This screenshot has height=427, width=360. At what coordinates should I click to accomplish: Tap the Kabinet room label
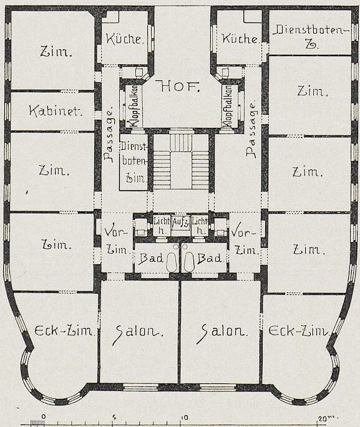(56, 111)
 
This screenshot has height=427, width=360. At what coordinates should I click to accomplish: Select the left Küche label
(124, 40)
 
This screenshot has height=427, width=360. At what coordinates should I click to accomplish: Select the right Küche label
(240, 39)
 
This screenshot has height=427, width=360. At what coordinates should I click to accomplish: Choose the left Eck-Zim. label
(66, 330)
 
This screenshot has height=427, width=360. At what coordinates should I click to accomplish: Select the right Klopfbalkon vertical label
(227, 106)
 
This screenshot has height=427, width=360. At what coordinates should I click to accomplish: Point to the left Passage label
(109, 136)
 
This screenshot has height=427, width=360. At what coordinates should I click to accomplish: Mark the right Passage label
(251, 130)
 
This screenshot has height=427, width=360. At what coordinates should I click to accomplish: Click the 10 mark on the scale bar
(185, 418)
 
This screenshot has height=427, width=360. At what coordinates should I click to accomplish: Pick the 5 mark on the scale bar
(114, 417)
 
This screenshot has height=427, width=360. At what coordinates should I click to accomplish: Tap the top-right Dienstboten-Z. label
(311, 37)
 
